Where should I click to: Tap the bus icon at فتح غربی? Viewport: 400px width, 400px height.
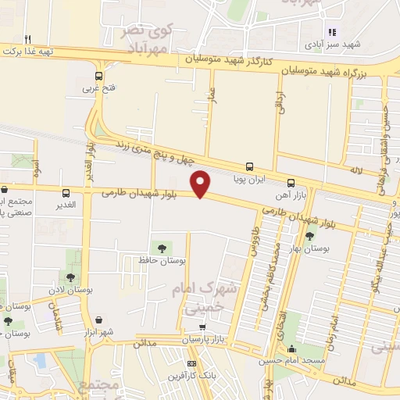98,77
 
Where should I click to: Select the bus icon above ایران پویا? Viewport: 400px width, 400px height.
249,166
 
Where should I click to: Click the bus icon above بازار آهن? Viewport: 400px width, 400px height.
291,182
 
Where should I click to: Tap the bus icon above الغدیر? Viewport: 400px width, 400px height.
65,191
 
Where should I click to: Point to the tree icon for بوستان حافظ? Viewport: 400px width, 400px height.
162,248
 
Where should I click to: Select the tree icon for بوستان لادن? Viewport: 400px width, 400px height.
71,277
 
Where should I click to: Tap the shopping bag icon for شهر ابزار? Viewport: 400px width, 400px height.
101,319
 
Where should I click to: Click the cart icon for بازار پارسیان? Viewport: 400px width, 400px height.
202,327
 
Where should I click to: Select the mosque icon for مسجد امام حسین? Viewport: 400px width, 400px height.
291,349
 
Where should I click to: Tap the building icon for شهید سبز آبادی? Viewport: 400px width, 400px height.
331,32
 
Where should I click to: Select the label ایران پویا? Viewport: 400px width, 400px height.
250,178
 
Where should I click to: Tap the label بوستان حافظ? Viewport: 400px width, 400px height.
161,259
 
